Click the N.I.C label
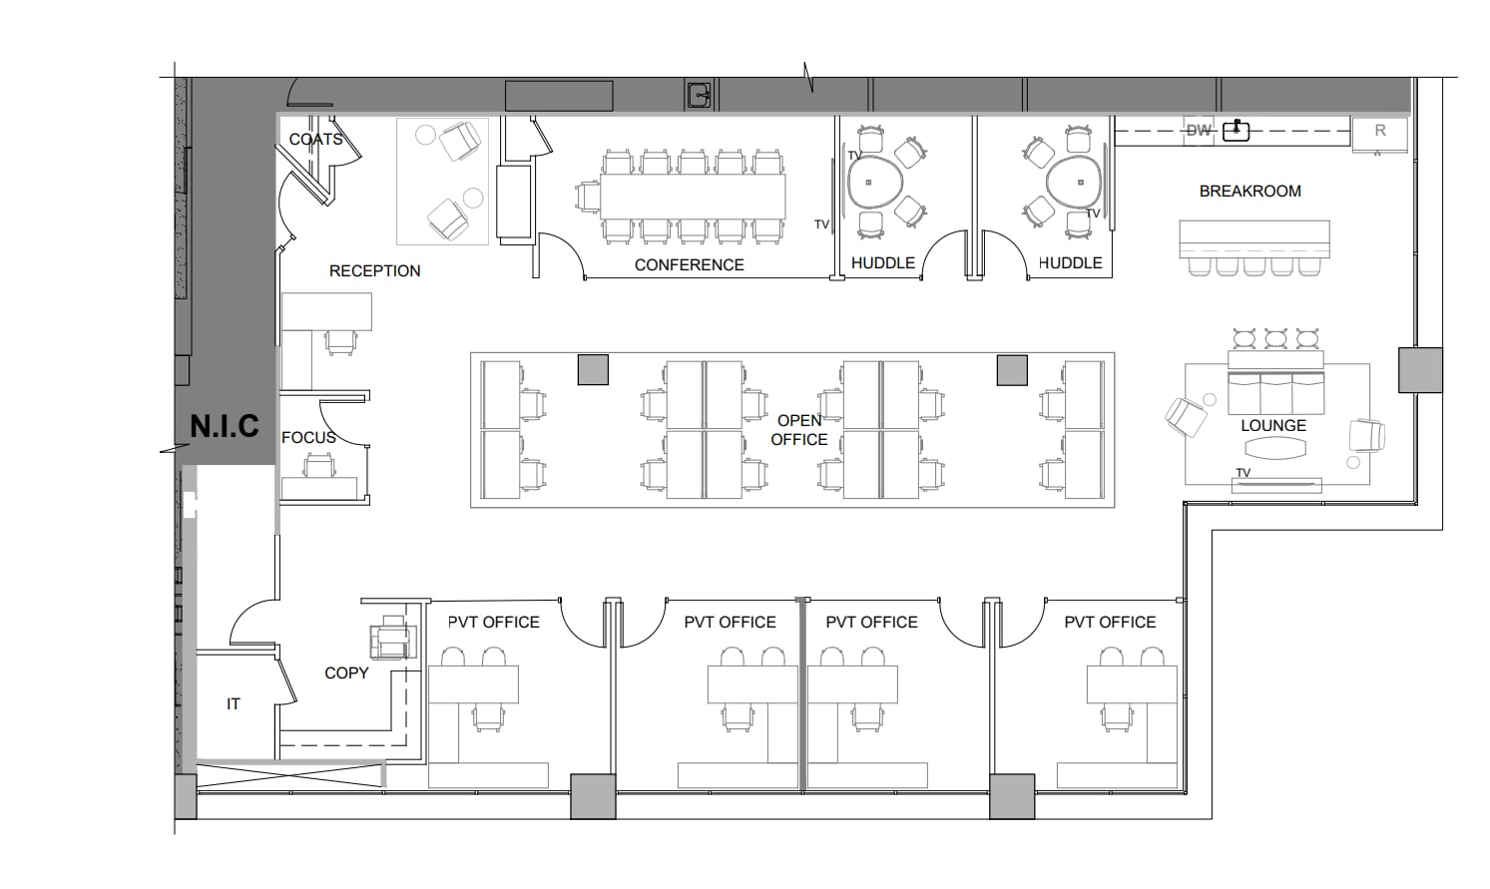pyautogui.click(x=225, y=427)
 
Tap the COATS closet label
pyautogui.click(x=315, y=140)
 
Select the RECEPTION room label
pyautogui.click(x=374, y=271)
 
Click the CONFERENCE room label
pyautogui.click(x=689, y=265)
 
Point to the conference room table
pyautogui.click(x=692, y=197)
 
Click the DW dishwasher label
pyautogui.click(x=1198, y=131)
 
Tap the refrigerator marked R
pyautogui.click(x=1380, y=132)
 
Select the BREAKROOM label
pyautogui.click(x=1249, y=192)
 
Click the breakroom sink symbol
pyautogui.click(x=1237, y=130)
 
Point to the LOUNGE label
pyautogui.click(x=1272, y=426)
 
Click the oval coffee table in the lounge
pyautogui.click(x=1274, y=449)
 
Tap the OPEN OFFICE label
pyautogui.click(x=799, y=430)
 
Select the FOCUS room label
pyautogui.click(x=308, y=438)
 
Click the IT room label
pyautogui.click(x=233, y=704)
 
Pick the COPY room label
pyautogui.click(x=346, y=673)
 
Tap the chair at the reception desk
pyautogui.click(x=340, y=341)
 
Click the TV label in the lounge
pyautogui.click(x=1242, y=473)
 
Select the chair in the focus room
pyautogui.click(x=318, y=466)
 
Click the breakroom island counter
pyautogui.click(x=1254, y=238)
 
